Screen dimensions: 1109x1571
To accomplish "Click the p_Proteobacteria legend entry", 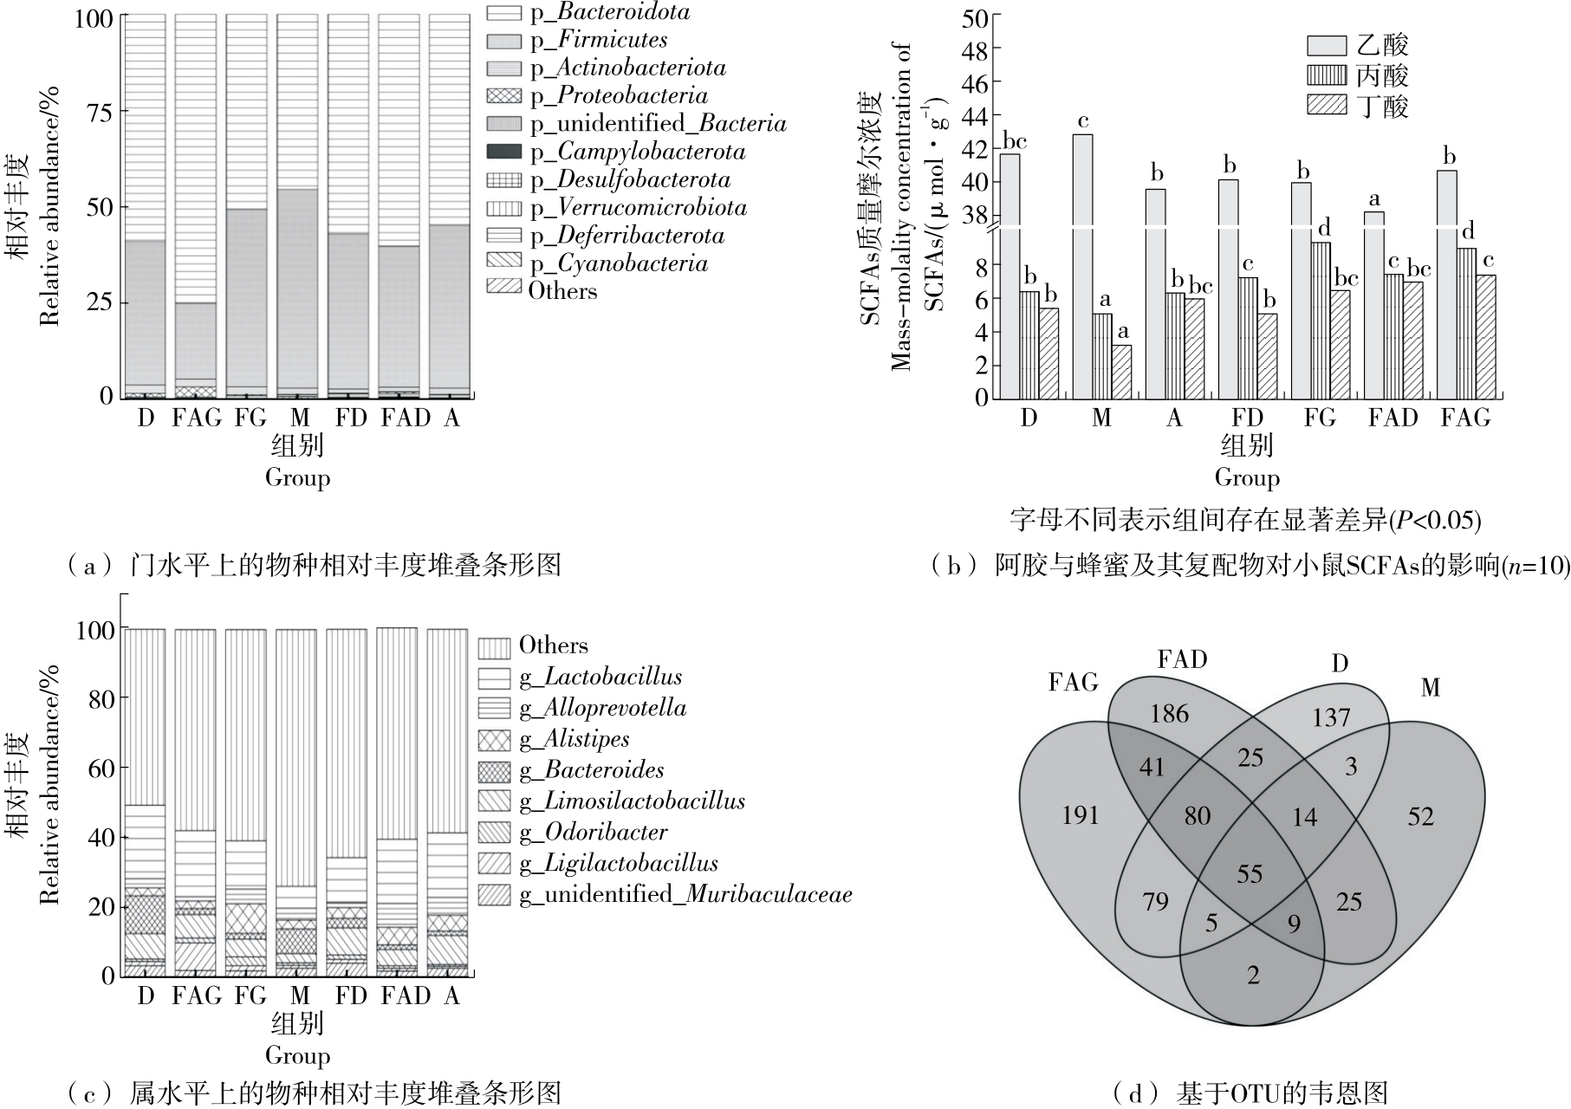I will click(x=619, y=95).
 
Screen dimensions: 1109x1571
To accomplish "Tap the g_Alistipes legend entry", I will click(x=574, y=739).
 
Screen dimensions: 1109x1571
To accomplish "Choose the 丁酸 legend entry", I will click(x=1382, y=106).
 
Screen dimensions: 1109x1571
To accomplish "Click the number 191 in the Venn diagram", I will click(x=1081, y=815).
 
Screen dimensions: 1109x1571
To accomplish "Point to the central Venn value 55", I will click(x=1250, y=874).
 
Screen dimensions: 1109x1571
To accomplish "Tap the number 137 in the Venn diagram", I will click(x=1330, y=717).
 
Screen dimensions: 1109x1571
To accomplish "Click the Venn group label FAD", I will click(x=1182, y=660).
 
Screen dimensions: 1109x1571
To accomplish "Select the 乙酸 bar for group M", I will click(x=1082, y=260).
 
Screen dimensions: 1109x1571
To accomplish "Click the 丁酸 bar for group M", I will click(x=1121, y=372).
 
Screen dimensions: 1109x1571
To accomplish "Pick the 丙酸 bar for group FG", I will click(x=1320, y=320).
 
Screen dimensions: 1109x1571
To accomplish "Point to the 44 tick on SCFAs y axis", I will click(x=976, y=114).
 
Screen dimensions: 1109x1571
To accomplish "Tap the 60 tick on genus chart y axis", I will click(x=101, y=768).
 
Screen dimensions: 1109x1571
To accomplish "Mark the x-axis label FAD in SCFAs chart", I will click(x=1392, y=418).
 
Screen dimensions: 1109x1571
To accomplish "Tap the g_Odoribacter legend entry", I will click(x=593, y=833).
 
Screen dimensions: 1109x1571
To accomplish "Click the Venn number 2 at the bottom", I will click(x=1253, y=976).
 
